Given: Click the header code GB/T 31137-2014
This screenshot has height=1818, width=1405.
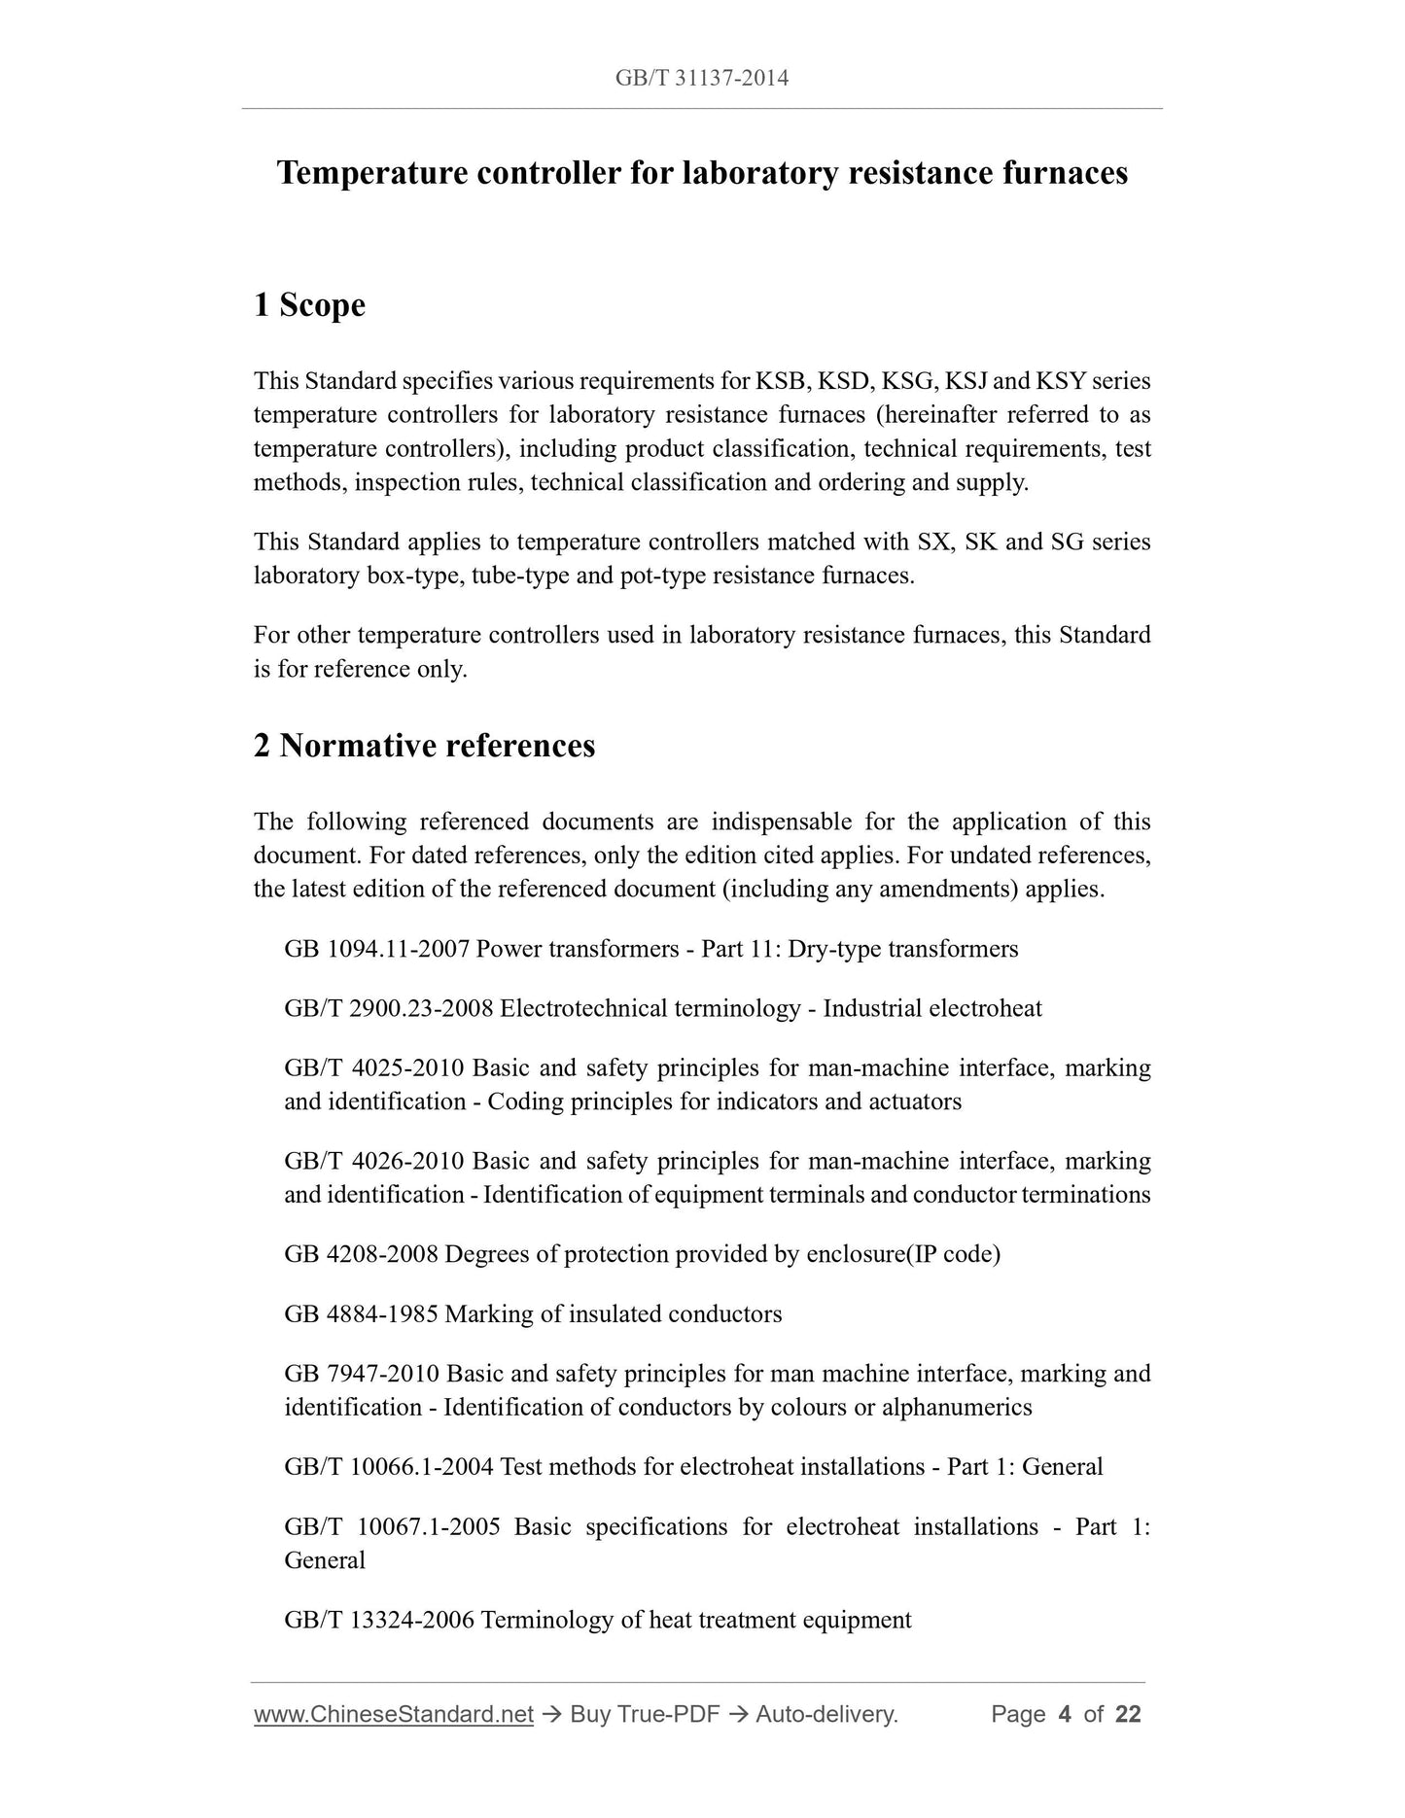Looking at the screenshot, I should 701,79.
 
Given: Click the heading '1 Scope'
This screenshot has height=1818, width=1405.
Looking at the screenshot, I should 309,305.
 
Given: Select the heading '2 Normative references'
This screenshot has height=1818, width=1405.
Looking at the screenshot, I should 424,746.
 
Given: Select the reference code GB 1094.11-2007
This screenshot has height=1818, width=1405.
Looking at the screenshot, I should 377,949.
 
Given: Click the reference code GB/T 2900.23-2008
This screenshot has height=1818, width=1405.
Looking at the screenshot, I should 389,1008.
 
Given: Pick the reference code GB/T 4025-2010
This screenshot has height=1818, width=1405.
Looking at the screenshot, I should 374,1068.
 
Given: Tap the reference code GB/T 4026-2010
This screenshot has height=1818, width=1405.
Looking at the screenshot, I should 374,1162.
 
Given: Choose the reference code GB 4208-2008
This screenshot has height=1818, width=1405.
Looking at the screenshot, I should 362,1254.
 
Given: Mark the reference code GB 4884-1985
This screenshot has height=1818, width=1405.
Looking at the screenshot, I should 362,1314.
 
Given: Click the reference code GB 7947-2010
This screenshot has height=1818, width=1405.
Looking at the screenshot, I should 362,1374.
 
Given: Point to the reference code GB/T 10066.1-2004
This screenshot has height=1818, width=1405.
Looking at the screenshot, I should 389,1467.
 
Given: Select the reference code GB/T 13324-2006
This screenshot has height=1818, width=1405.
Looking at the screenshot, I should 379,1620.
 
